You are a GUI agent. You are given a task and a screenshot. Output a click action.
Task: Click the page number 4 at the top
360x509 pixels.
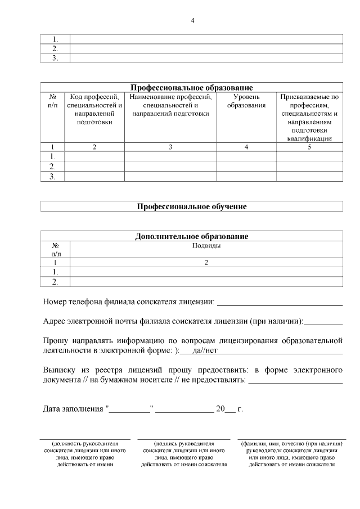tap(192, 21)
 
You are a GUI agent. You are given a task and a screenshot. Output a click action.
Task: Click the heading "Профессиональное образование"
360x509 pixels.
tap(192, 88)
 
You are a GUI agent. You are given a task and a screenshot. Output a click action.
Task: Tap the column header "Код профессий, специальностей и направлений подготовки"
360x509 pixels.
tap(94, 109)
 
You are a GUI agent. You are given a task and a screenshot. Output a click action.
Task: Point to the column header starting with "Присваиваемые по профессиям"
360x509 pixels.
tap(309, 117)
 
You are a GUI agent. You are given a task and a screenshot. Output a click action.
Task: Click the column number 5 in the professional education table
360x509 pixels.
tap(309, 147)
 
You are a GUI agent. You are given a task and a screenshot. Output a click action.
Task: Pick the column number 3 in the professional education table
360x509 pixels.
tap(170, 147)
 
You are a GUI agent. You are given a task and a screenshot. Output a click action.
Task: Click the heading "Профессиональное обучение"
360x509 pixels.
tap(192, 206)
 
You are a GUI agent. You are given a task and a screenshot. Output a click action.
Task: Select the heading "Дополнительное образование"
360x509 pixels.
tap(192, 236)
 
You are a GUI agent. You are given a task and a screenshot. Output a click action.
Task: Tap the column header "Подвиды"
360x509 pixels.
tap(206, 245)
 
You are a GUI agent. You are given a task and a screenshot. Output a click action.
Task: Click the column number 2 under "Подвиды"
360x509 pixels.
tap(206, 262)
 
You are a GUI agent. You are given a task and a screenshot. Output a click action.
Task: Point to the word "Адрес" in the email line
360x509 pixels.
tap(54, 321)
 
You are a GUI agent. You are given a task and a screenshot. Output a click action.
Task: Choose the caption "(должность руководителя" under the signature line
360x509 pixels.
tap(84, 443)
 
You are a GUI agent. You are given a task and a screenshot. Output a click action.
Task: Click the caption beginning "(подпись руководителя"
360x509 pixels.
tap(184, 443)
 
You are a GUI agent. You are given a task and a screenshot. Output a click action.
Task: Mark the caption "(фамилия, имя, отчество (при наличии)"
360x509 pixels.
tap(291, 443)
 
